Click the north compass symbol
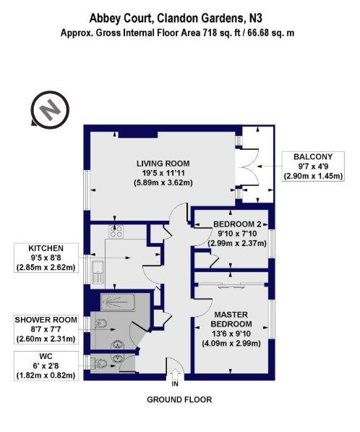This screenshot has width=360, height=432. coord(50,110)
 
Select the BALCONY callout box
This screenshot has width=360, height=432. coord(313,166)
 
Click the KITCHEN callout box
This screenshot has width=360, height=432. coord(46,258)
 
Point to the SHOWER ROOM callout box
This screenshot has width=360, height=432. coord(46,329)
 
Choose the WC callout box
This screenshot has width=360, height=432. coord(46,365)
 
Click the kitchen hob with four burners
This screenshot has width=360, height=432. coord(116,231)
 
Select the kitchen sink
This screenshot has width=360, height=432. coord(98,272)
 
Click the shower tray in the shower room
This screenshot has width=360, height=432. coord(118,302)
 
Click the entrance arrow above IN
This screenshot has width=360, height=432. coord(175,375)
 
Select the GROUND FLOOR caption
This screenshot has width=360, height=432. coord(179,399)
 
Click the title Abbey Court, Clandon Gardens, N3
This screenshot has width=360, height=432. coord(176,19)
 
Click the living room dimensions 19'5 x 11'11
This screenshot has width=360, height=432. coord(163,173)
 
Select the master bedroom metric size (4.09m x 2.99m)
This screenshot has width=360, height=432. coord(231,344)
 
